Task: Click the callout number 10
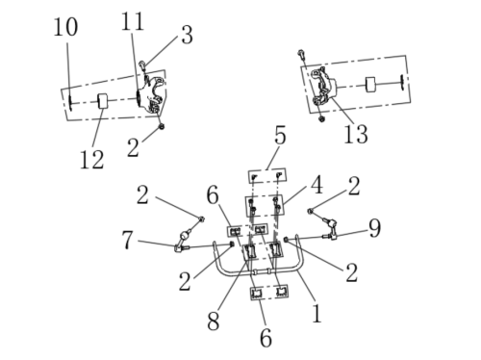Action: pos(65,27)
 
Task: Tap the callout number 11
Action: pos(133,21)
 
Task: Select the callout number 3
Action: pos(188,35)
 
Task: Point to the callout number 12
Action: pos(91,160)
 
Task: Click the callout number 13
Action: pos(356,134)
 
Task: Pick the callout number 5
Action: pos(280,136)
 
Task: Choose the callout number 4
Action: pos(317,186)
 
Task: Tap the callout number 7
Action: pos(127,240)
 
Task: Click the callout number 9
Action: pos(374,228)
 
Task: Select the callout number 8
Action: pos(214,321)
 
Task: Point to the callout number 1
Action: pos(316,313)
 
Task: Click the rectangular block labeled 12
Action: pos(103,101)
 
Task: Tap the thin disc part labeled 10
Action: pos(69,103)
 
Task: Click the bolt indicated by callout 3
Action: pos(142,65)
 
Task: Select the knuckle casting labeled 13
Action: pos(324,87)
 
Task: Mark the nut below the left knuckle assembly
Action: pos(162,126)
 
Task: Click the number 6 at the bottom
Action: pos(266,338)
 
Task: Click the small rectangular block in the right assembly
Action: pos(370,85)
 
